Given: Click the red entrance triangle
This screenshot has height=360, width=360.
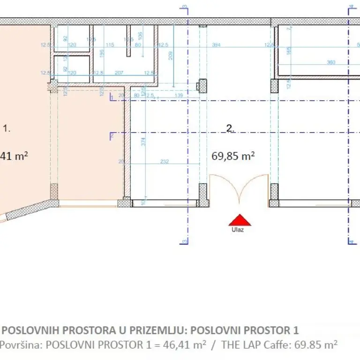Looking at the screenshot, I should [240, 220].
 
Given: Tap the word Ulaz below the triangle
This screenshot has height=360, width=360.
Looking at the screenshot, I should [237, 230].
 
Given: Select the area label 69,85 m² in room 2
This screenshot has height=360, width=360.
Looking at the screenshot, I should [233, 156].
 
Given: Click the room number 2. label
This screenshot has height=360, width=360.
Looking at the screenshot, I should [230, 128].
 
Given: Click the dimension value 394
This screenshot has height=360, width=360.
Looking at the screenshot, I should [216, 45].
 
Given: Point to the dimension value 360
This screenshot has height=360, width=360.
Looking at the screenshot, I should [331, 63].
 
